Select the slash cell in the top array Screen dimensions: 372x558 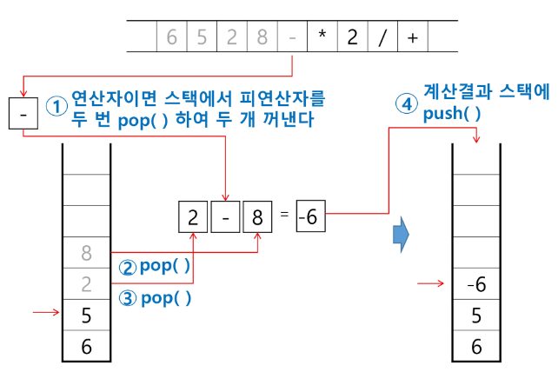pyautogui.click(x=382, y=38)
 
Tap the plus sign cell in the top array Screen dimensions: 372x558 pyautogui.click(x=412, y=38)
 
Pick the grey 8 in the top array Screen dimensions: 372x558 pyautogui.click(x=260, y=38)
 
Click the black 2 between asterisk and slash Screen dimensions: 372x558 pyautogui.click(x=351, y=38)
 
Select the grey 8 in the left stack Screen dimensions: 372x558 pyautogui.click(x=86, y=253)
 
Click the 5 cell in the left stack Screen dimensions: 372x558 pyautogui.click(x=86, y=316)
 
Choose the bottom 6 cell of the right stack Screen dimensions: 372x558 pyautogui.click(x=475, y=346)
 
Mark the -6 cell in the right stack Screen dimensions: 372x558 pyautogui.click(x=475, y=283)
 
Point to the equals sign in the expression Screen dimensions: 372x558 pyautogui.click(x=283, y=216)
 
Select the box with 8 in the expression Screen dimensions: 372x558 pyautogui.click(x=257, y=216)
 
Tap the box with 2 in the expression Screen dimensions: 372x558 pyautogui.click(x=193, y=216)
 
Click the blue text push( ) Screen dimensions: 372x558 pyautogui.click(x=452, y=114)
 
